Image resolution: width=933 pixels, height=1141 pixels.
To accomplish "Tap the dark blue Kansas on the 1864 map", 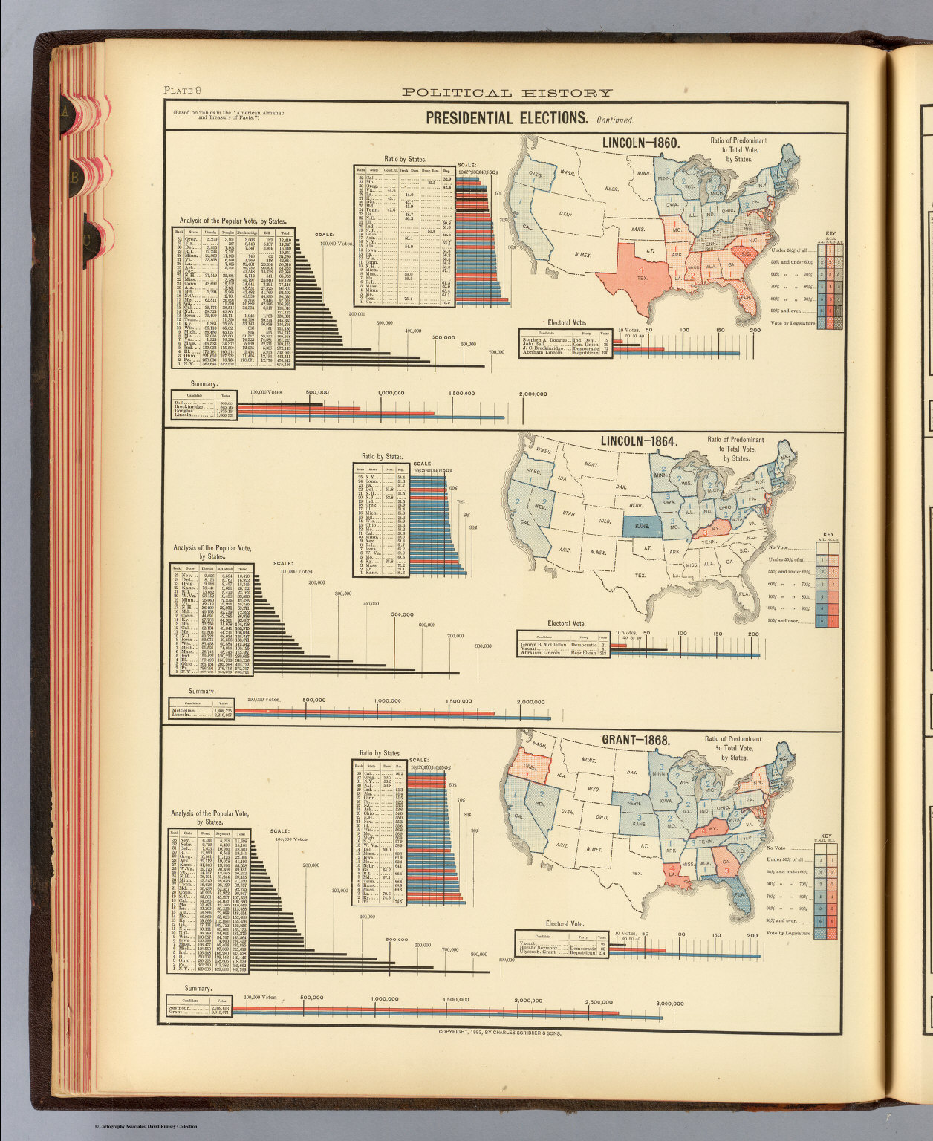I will coord(642,526).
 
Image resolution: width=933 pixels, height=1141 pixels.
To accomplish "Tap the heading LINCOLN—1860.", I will coord(640,143).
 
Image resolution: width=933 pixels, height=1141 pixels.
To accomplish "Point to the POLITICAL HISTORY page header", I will coord(507,93).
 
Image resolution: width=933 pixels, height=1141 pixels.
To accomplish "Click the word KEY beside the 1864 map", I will coord(829,534).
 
